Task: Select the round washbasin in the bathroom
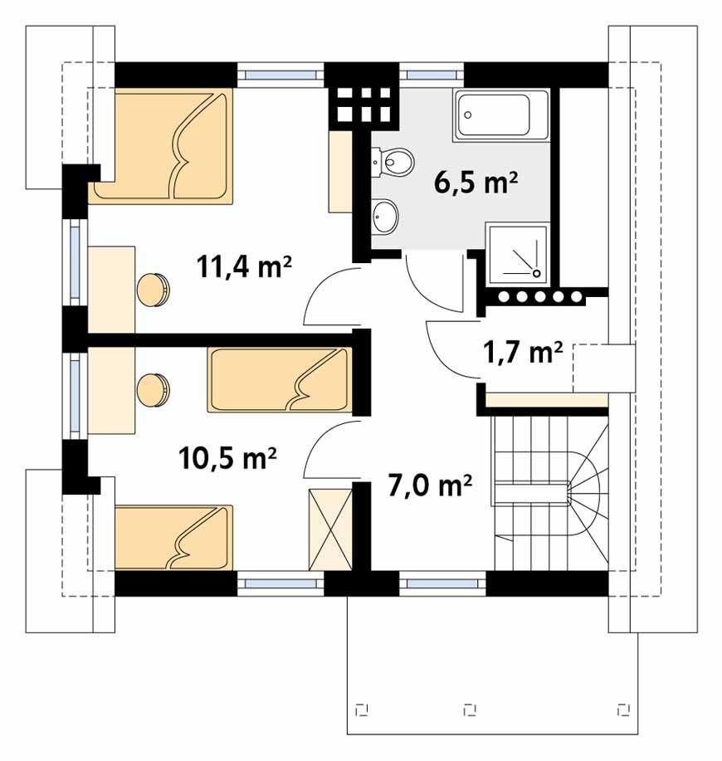tap(385, 217)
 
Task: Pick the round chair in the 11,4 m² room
tap(154, 290)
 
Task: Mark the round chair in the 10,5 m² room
tap(154, 391)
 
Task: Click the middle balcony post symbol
tap(469, 710)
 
